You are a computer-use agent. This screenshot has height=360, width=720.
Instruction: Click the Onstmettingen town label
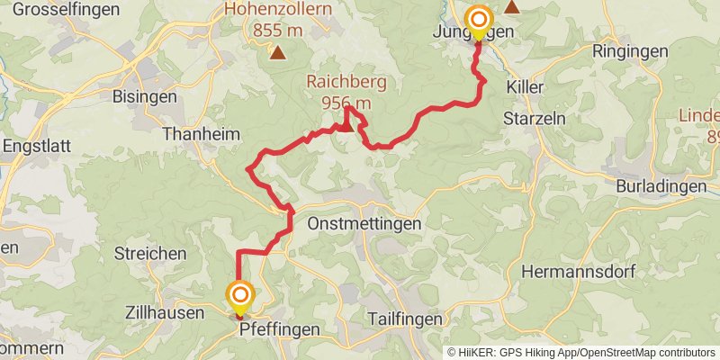click(364, 222)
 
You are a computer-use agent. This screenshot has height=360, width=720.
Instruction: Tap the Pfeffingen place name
click(280, 329)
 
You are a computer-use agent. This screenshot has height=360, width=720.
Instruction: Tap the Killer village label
click(526, 90)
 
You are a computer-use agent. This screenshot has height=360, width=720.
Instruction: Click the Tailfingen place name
click(406, 319)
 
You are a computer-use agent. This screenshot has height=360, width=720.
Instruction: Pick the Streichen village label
click(149, 254)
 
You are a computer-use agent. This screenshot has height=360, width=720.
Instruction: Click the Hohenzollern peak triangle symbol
click(279, 53)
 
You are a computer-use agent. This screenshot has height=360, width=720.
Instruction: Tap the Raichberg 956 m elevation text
click(346, 94)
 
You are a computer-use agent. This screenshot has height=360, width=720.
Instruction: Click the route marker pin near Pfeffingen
click(240, 297)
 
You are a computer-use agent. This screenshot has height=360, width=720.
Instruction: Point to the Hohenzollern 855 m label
click(278, 19)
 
